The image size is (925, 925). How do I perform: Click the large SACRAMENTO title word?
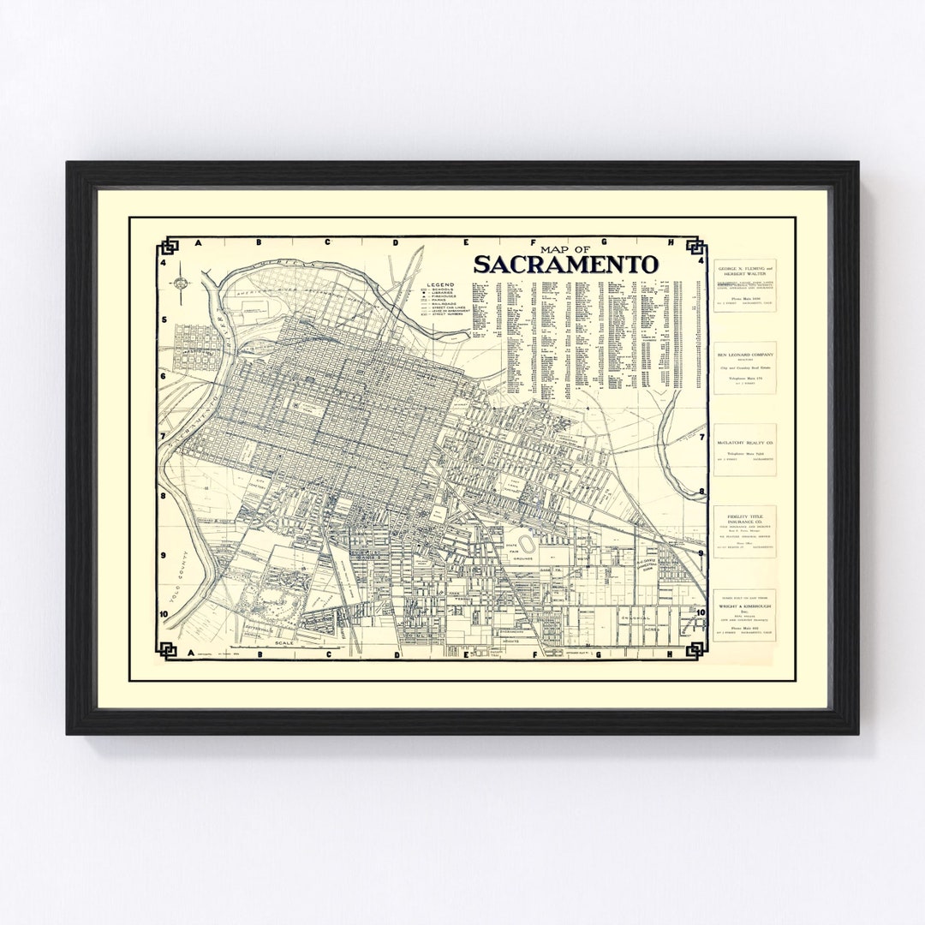[x=565, y=264]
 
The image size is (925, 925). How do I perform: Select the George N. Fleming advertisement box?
[x=744, y=285]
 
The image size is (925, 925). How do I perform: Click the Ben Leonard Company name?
[x=744, y=355]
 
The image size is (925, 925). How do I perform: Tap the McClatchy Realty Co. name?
[x=744, y=437]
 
